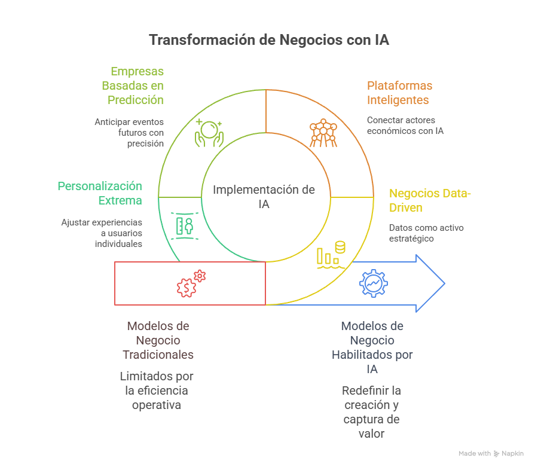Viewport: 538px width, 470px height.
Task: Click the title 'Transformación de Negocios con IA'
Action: click(x=269, y=40)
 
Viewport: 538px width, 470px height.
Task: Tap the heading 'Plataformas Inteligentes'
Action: click(x=399, y=93)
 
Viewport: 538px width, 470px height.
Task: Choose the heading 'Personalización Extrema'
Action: click(x=100, y=193)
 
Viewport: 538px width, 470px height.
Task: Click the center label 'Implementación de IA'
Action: click(x=264, y=197)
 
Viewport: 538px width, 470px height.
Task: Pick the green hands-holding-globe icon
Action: click(x=209, y=133)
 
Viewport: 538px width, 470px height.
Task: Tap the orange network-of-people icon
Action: click(x=323, y=133)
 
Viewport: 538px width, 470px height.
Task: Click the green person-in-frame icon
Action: click(x=184, y=225)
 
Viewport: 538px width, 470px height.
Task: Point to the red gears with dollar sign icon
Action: click(x=191, y=283)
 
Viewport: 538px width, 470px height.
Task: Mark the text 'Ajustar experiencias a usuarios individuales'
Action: click(x=102, y=233)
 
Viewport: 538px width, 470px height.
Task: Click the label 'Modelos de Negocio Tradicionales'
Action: click(x=158, y=340)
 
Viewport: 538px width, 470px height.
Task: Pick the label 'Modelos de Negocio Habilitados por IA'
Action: click(x=372, y=347)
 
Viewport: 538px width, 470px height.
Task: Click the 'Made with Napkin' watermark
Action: click(x=491, y=454)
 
